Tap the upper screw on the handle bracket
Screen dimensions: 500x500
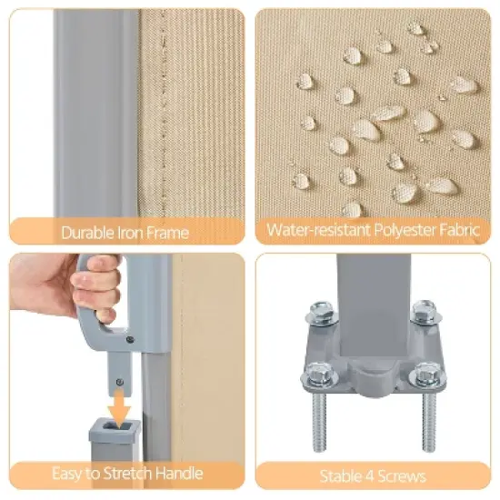pyautogui.click(x=130, y=340)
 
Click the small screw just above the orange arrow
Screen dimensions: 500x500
pyautogui.click(x=120, y=382)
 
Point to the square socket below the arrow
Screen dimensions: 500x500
pyautogui.click(x=115, y=426)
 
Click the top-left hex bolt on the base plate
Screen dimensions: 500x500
pyautogui.click(x=321, y=312)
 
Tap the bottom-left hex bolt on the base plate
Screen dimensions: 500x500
pyautogui.click(x=316, y=374)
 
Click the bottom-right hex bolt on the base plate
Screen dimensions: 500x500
pyautogui.click(x=426, y=375)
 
